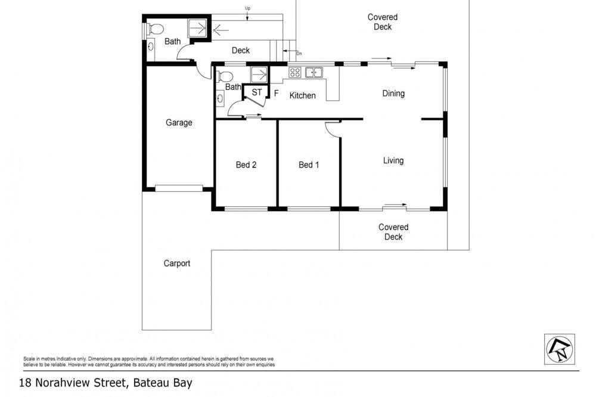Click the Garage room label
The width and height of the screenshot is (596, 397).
coord(179,122)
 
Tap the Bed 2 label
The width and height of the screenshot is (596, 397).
coord(246,165)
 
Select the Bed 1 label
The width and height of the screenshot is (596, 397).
coord(309,165)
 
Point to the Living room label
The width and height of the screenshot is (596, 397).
coord(393,160)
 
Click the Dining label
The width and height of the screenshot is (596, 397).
coord(393,94)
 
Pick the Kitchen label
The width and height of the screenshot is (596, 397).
coord(303,95)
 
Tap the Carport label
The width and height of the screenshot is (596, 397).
coord(177,263)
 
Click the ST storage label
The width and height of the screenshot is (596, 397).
coord(256,92)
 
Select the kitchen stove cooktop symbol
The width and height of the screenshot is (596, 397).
coord(295,72)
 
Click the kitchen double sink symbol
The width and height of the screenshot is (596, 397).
coord(314,72)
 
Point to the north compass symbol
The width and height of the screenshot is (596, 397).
coord(560,349)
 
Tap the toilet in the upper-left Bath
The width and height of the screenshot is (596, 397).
coord(156,29)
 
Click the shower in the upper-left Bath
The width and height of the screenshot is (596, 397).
coord(198,28)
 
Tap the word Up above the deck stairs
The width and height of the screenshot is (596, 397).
coord(247,8)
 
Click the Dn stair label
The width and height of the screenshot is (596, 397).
coord(299,54)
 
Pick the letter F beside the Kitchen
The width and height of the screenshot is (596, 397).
coord(277,93)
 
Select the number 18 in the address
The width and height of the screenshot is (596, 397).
coord(25,383)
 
